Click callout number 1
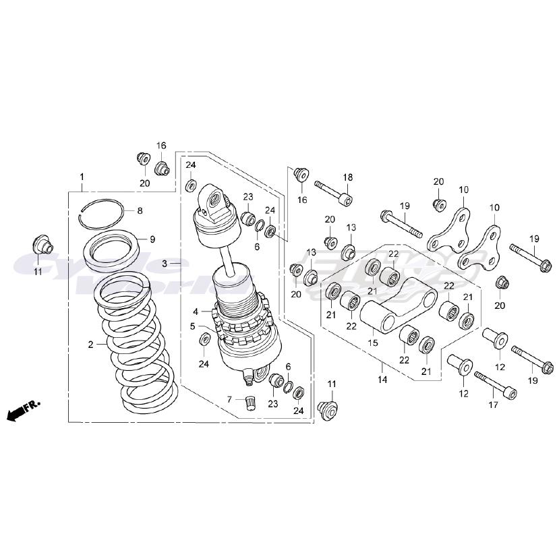(82, 177)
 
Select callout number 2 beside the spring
(90, 345)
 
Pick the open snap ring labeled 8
(100, 210)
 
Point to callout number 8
(140, 211)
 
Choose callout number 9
(152, 239)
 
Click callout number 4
(196, 312)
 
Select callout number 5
(192, 326)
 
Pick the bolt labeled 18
(333, 192)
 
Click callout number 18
(348, 177)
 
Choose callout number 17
(493, 405)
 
